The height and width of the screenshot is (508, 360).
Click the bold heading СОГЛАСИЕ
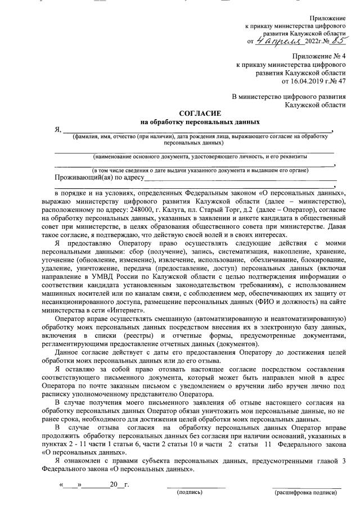(200, 113)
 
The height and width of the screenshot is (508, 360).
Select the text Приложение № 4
(319, 56)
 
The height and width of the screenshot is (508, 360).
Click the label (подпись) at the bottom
(190, 492)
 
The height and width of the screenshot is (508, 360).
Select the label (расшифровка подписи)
(306, 492)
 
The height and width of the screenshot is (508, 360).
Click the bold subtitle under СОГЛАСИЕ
(200, 121)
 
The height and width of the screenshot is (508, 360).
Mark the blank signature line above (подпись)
(196, 484)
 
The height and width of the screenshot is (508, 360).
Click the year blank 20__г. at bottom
(119, 484)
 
